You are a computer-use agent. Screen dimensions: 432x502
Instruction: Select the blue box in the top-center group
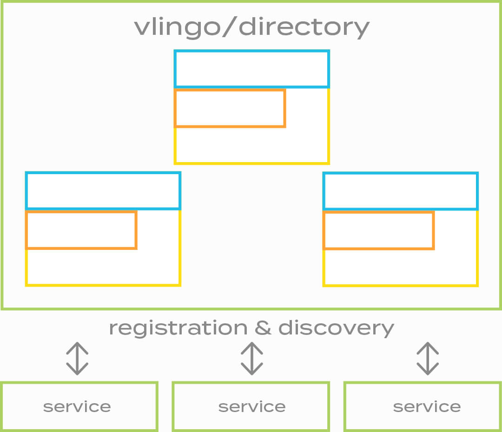point(251,69)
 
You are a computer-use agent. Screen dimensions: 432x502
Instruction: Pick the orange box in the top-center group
point(230,108)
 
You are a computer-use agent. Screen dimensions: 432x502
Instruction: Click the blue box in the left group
point(103,191)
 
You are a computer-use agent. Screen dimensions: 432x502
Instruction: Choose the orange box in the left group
point(81,230)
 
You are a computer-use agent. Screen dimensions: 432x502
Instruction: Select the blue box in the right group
point(400,191)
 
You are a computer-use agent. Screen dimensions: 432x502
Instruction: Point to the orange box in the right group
point(378,230)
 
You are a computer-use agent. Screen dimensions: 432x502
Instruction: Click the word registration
point(178,328)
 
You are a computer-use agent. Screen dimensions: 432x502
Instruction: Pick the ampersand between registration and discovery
point(263,328)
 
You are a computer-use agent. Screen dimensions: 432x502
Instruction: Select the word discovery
point(336,328)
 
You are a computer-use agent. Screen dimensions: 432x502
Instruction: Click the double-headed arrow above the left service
point(77,359)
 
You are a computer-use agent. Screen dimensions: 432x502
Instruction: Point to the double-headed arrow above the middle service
point(251,359)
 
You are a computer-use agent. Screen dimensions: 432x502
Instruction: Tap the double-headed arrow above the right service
point(427,359)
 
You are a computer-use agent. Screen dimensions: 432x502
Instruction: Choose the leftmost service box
point(79,406)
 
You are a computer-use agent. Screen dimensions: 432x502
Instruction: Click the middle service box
point(251,406)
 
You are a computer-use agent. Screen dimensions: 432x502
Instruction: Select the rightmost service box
point(423,406)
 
